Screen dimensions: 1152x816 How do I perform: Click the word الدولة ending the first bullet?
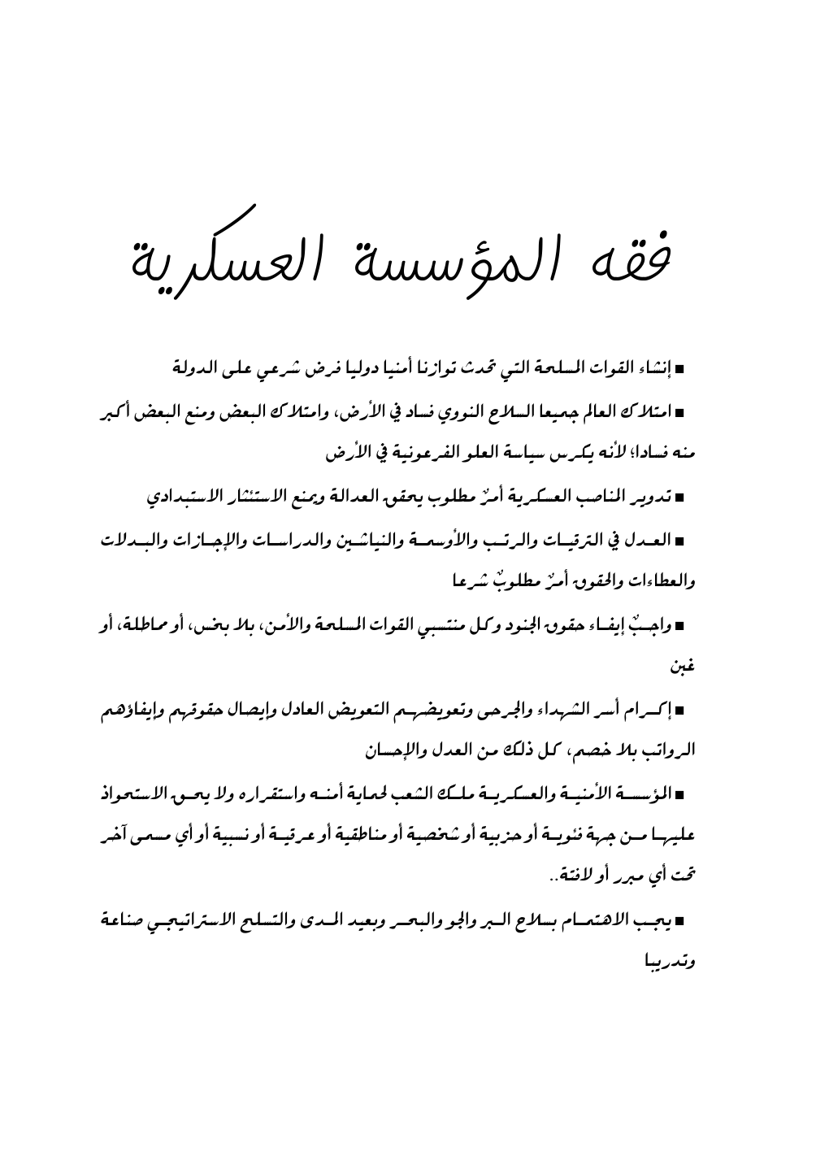tap(199, 368)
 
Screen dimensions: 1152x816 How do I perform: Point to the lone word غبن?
tap(683, 668)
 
